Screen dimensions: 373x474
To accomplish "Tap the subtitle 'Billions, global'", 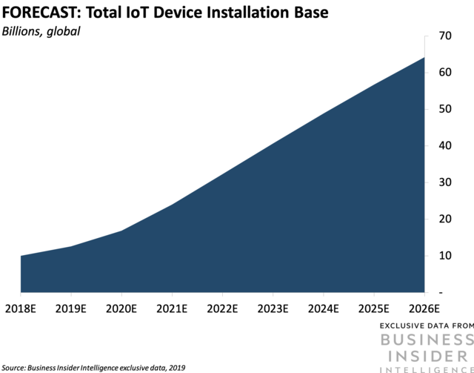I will click(40, 31).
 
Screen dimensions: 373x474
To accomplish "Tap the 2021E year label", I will click(171, 308).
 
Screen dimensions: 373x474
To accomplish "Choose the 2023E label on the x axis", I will click(272, 308).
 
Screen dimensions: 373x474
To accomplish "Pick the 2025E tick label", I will click(373, 308).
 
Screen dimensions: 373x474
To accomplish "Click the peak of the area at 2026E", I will click(423, 58).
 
